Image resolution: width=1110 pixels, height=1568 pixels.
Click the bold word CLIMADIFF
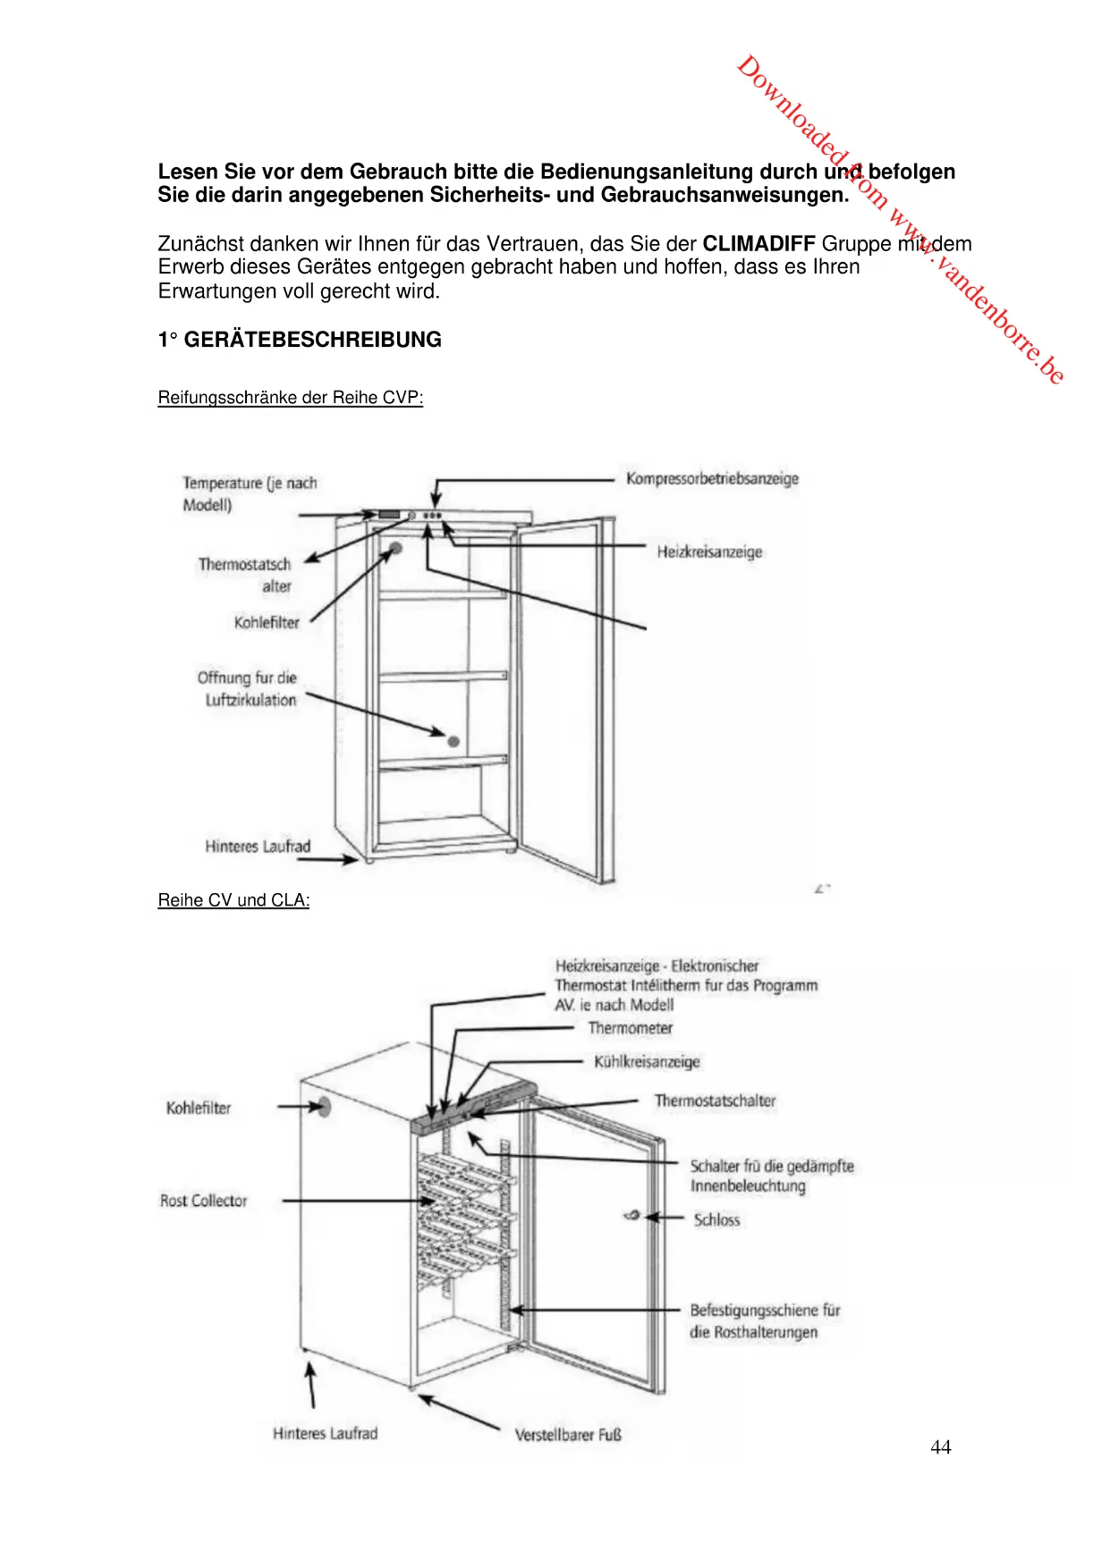pyautogui.click(x=758, y=243)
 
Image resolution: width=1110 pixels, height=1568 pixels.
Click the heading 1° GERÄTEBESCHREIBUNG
pyautogui.click(x=300, y=340)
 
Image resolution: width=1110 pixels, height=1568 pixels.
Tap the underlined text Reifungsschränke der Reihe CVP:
pyautogui.click(x=290, y=398)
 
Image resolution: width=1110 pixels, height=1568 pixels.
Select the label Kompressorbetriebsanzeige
pyautogui.click(x=712, y=478)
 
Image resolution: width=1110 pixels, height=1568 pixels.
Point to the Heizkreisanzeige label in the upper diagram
pyautogui.click(x=709, y=552)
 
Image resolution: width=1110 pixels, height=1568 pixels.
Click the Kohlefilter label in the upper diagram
pyautogui.click(x=267, y=622)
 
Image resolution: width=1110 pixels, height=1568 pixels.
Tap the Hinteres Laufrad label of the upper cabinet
pyautogui.click(x=258, y=846)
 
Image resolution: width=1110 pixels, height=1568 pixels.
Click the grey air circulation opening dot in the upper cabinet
pyautogui.click(x=453, y=741)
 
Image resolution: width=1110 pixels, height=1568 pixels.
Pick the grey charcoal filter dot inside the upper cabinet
pyautogui.click(x=395, y=547)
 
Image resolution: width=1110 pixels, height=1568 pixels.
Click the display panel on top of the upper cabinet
pyautogui.click(x=389, y=516)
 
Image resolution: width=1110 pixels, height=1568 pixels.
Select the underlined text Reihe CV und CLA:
pyautogui.click(x=233, y=900)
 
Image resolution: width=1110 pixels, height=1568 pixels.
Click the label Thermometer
pyautogui.click(x=630, y=1028)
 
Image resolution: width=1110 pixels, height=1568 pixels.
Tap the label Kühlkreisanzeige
pyautogui.click(x=647, y=1062)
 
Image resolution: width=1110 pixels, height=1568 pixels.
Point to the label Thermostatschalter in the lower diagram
pyautogui.click(x=715, y=1100)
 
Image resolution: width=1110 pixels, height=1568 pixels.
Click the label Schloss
pyautogui.click(x=716, y=1219)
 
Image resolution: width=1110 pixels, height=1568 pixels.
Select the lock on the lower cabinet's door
pyautogui.click(x=632, y=1216)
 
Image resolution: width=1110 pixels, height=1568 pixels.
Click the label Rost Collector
pyautogui.click(x=203, y=1201)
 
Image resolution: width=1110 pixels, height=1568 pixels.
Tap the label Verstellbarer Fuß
pyautogui.click(x=568, y=1435)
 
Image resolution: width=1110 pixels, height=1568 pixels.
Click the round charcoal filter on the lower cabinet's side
pyautogui.click(x=324, y=1107)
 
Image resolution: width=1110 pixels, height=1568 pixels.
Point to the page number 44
pyautogui.click(x=940, y=1447)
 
